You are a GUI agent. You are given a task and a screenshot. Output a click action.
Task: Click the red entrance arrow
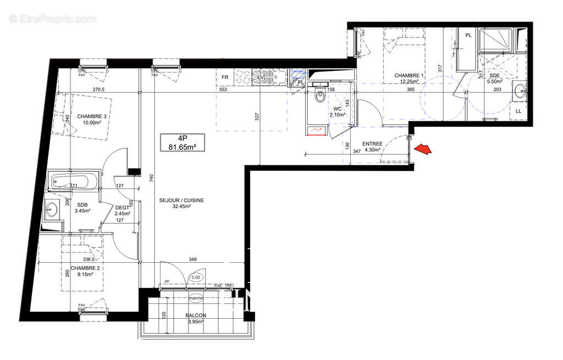tap(422, 149)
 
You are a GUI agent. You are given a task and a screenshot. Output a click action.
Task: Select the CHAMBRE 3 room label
tap(92, 116)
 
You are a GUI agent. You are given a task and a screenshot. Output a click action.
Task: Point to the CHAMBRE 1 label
tap(409, 76)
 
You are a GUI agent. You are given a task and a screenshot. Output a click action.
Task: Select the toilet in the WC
tap(319, 96)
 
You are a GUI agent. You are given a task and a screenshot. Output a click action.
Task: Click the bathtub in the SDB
tap(73, 180)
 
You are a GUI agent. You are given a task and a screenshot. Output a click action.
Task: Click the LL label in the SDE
tap(518, 112)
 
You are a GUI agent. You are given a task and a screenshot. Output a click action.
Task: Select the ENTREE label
tap(372, 143)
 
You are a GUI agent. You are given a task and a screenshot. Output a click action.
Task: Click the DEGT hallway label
tap(122, 207)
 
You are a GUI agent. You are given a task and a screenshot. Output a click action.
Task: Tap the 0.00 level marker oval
tap(196, 278)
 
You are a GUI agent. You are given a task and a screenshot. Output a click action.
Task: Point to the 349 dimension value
tap(192, 259)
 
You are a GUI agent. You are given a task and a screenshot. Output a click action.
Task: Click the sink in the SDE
tap(518, 91)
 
